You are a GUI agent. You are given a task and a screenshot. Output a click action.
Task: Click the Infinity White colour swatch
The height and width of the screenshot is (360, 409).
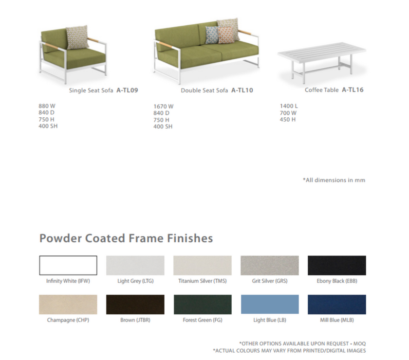[68, 265]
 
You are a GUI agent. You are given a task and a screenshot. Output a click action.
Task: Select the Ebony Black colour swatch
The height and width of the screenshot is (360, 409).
[337, 265]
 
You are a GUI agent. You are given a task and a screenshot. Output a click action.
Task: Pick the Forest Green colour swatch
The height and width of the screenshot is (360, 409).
[203, 305]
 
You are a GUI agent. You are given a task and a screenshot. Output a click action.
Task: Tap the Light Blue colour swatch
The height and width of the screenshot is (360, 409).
[270, 305]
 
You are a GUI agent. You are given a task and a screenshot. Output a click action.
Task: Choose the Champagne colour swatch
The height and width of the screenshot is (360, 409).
[68, 305]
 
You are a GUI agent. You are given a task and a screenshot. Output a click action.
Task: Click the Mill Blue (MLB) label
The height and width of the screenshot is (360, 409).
[337, 320]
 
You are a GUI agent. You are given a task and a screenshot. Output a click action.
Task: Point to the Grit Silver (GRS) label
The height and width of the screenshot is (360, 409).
[270, 281]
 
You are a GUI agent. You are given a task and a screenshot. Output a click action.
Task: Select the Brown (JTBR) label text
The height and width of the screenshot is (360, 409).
[135, 320]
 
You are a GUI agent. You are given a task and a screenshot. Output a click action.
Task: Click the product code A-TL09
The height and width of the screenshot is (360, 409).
[127, 90]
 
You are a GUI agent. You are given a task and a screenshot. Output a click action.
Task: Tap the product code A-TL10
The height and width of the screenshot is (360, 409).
[242, 90]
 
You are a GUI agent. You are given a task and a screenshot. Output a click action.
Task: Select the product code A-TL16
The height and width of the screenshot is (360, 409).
[353, 90]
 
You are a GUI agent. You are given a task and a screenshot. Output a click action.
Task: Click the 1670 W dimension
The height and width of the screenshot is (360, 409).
[163, 107]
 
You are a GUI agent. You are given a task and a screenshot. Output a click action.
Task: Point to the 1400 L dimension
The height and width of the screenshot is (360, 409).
[289, 106]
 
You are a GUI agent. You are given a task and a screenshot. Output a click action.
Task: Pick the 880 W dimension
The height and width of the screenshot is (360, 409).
[47, 106]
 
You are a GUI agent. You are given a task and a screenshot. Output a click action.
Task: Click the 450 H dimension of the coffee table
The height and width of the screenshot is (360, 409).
[288, 119]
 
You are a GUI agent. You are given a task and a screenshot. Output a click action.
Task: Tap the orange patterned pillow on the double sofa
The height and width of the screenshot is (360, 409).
[225, 35]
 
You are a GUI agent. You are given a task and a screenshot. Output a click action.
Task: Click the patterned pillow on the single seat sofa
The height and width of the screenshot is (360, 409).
[77, 37]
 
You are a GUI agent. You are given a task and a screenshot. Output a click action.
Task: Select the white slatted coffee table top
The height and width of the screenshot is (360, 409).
[322, 52]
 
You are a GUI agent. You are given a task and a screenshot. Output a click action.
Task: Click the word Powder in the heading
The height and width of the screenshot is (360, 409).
[60, 238]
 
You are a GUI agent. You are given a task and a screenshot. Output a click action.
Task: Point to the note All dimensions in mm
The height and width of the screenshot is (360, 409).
[334, 180]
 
